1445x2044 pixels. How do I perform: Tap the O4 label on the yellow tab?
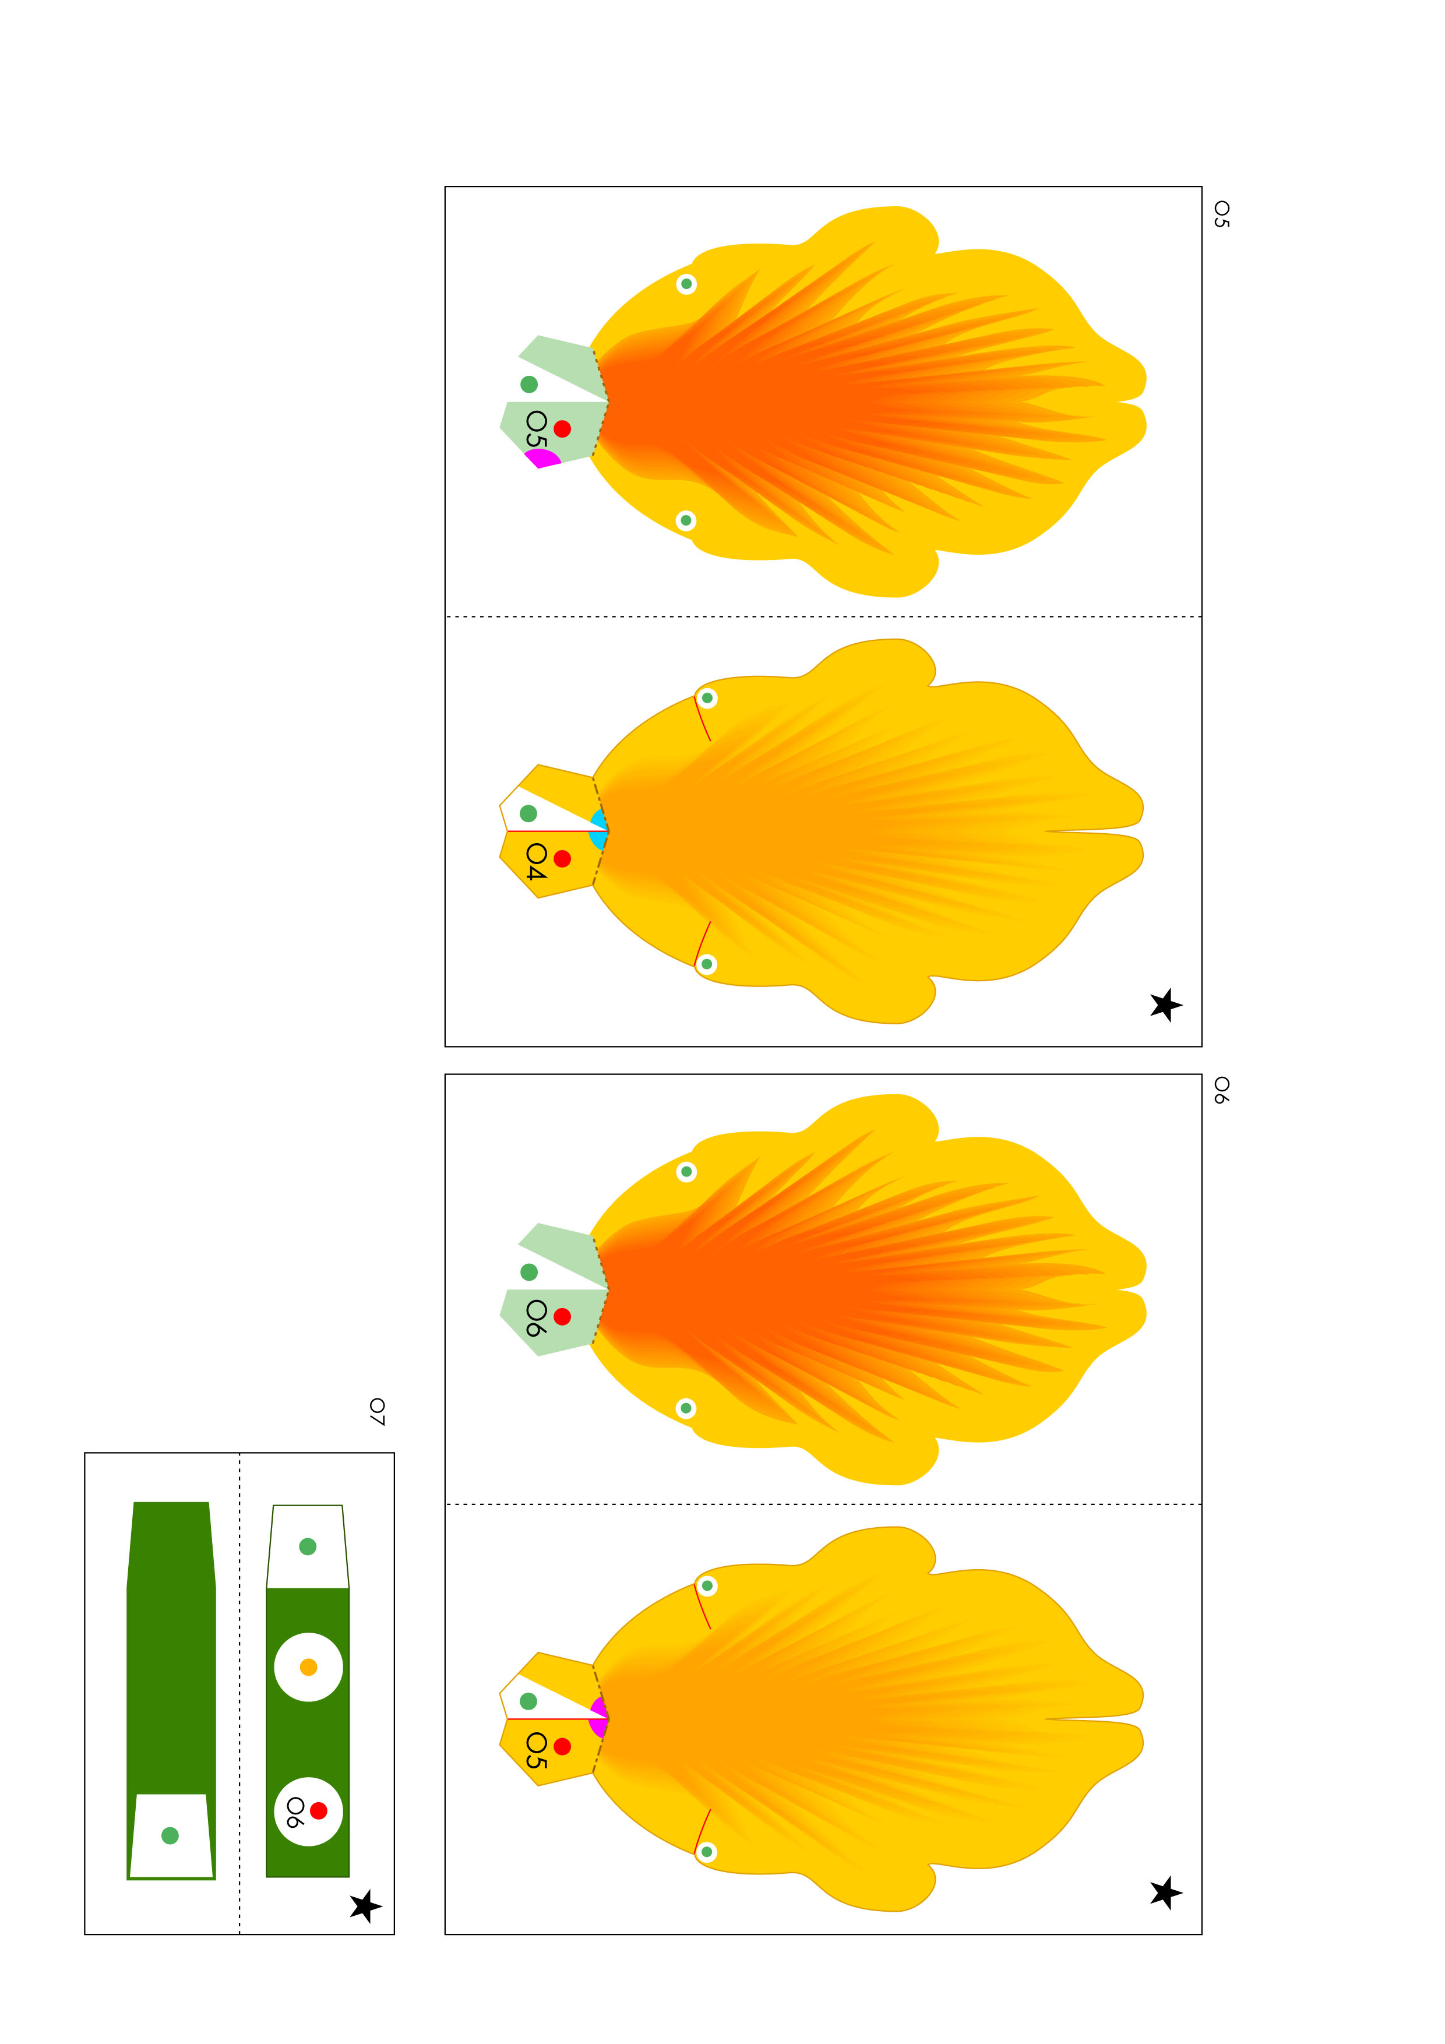[536, 861]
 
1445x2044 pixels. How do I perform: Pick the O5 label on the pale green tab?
[536, 428]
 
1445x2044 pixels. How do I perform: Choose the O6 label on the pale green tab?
[536, 1317]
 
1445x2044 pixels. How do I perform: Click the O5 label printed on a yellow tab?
[536, 1749]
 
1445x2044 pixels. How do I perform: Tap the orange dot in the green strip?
[309, 1666]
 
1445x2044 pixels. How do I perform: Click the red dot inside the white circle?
[319, 1810]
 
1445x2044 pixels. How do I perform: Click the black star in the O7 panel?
[365, 1905]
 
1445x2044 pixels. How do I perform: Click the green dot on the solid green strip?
[170, 1835]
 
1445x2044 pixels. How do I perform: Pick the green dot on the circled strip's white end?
[308, 1546]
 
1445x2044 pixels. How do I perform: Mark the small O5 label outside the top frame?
[1221, 214]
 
